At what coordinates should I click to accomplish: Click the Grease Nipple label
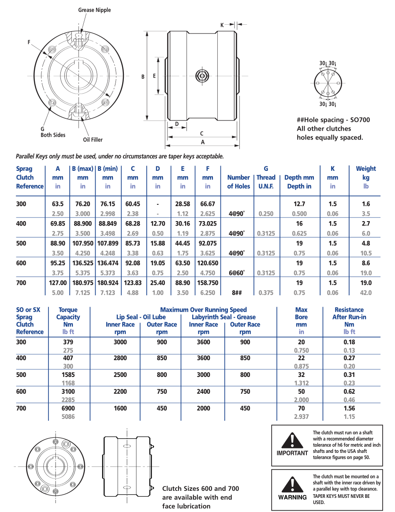pyautogui.click(x=94, y=10)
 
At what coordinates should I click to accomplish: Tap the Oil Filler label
pyautogui.click(x=93, y=140)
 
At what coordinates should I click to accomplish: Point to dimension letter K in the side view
pyautogui.click(x=222, y=25)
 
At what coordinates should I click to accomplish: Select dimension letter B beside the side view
pyautogui.click(x=143, y=76)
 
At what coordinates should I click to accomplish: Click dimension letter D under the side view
pyautogui.click(x=177, y=124)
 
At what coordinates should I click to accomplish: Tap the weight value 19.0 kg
pyautogui.click(x=366, y=283)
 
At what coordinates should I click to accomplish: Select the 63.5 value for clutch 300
pyautogui.click(x=58, y=204)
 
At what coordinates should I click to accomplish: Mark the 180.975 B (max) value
pyautogui.click(x=83, y=283)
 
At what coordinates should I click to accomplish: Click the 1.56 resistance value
pyautogui.click(x=349, y=408)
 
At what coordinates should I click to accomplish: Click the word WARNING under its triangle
pyautogui.click(x=292, y=497)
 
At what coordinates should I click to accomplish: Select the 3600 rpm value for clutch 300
pyautogui.click(x=203, y=342)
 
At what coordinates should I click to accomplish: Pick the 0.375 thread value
pyautogui.click(x=266, y=293)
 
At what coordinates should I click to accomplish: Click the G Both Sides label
pyautogui.click(x=52, y=132)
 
